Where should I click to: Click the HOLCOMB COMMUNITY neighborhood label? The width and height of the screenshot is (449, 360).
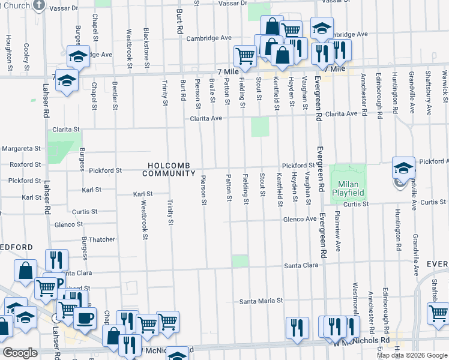(x=169, y=169)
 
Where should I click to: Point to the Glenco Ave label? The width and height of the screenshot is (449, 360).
(x=300, y=220)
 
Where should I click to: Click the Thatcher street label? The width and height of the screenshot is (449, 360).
(x=102, y=239)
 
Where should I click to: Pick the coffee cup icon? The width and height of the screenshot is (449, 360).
(x=84, y=318)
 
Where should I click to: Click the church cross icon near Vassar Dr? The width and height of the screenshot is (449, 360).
(x=39, y=5)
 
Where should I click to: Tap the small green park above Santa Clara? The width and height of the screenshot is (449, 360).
(x=240, y=260)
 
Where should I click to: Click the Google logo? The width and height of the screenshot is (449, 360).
(x=20, y=353)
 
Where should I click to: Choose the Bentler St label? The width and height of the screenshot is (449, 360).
(x=115, y=98)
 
